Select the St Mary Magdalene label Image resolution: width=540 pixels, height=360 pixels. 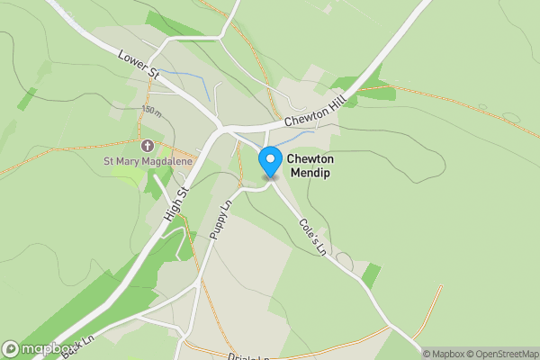pyautogui.click(x=148, y=162)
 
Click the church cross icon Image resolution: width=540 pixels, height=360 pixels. pyautogui.click(x=147, y=145)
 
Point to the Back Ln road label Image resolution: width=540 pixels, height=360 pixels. pyautogui.click(x=78, y=343)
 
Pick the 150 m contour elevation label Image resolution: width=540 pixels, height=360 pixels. pyautogui.click(x=151, y=111)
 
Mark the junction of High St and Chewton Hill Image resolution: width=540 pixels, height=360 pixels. pyautogui.click(x=218, y=131)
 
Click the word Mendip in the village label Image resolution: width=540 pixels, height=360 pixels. pyautogui.click(x=309, y=172)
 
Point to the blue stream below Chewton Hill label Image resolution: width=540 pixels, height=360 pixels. pyautogui.click(x=292, y=138)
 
